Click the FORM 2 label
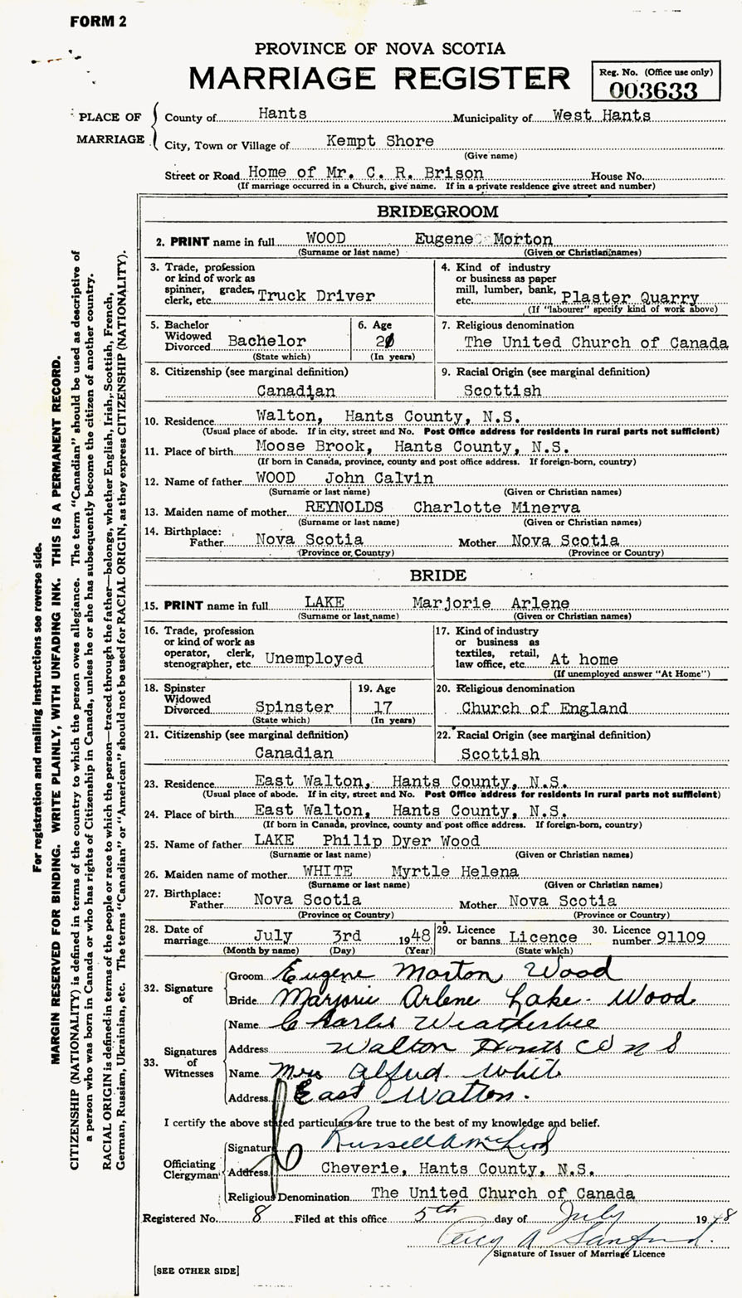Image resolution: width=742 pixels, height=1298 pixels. [99, 22]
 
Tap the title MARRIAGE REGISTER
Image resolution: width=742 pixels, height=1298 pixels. [379, 78]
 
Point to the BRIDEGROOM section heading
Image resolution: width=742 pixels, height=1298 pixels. [437, 212]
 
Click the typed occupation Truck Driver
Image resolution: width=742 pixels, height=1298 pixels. [316, 295]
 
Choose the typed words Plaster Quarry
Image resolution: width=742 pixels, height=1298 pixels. [630, 298]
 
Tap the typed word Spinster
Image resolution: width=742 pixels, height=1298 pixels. [294, 707]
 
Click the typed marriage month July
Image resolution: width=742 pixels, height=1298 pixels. [273, 936]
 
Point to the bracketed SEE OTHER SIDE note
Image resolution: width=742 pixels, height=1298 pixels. [196, 1270]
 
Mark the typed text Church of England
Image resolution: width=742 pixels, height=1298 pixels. [544, 708]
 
